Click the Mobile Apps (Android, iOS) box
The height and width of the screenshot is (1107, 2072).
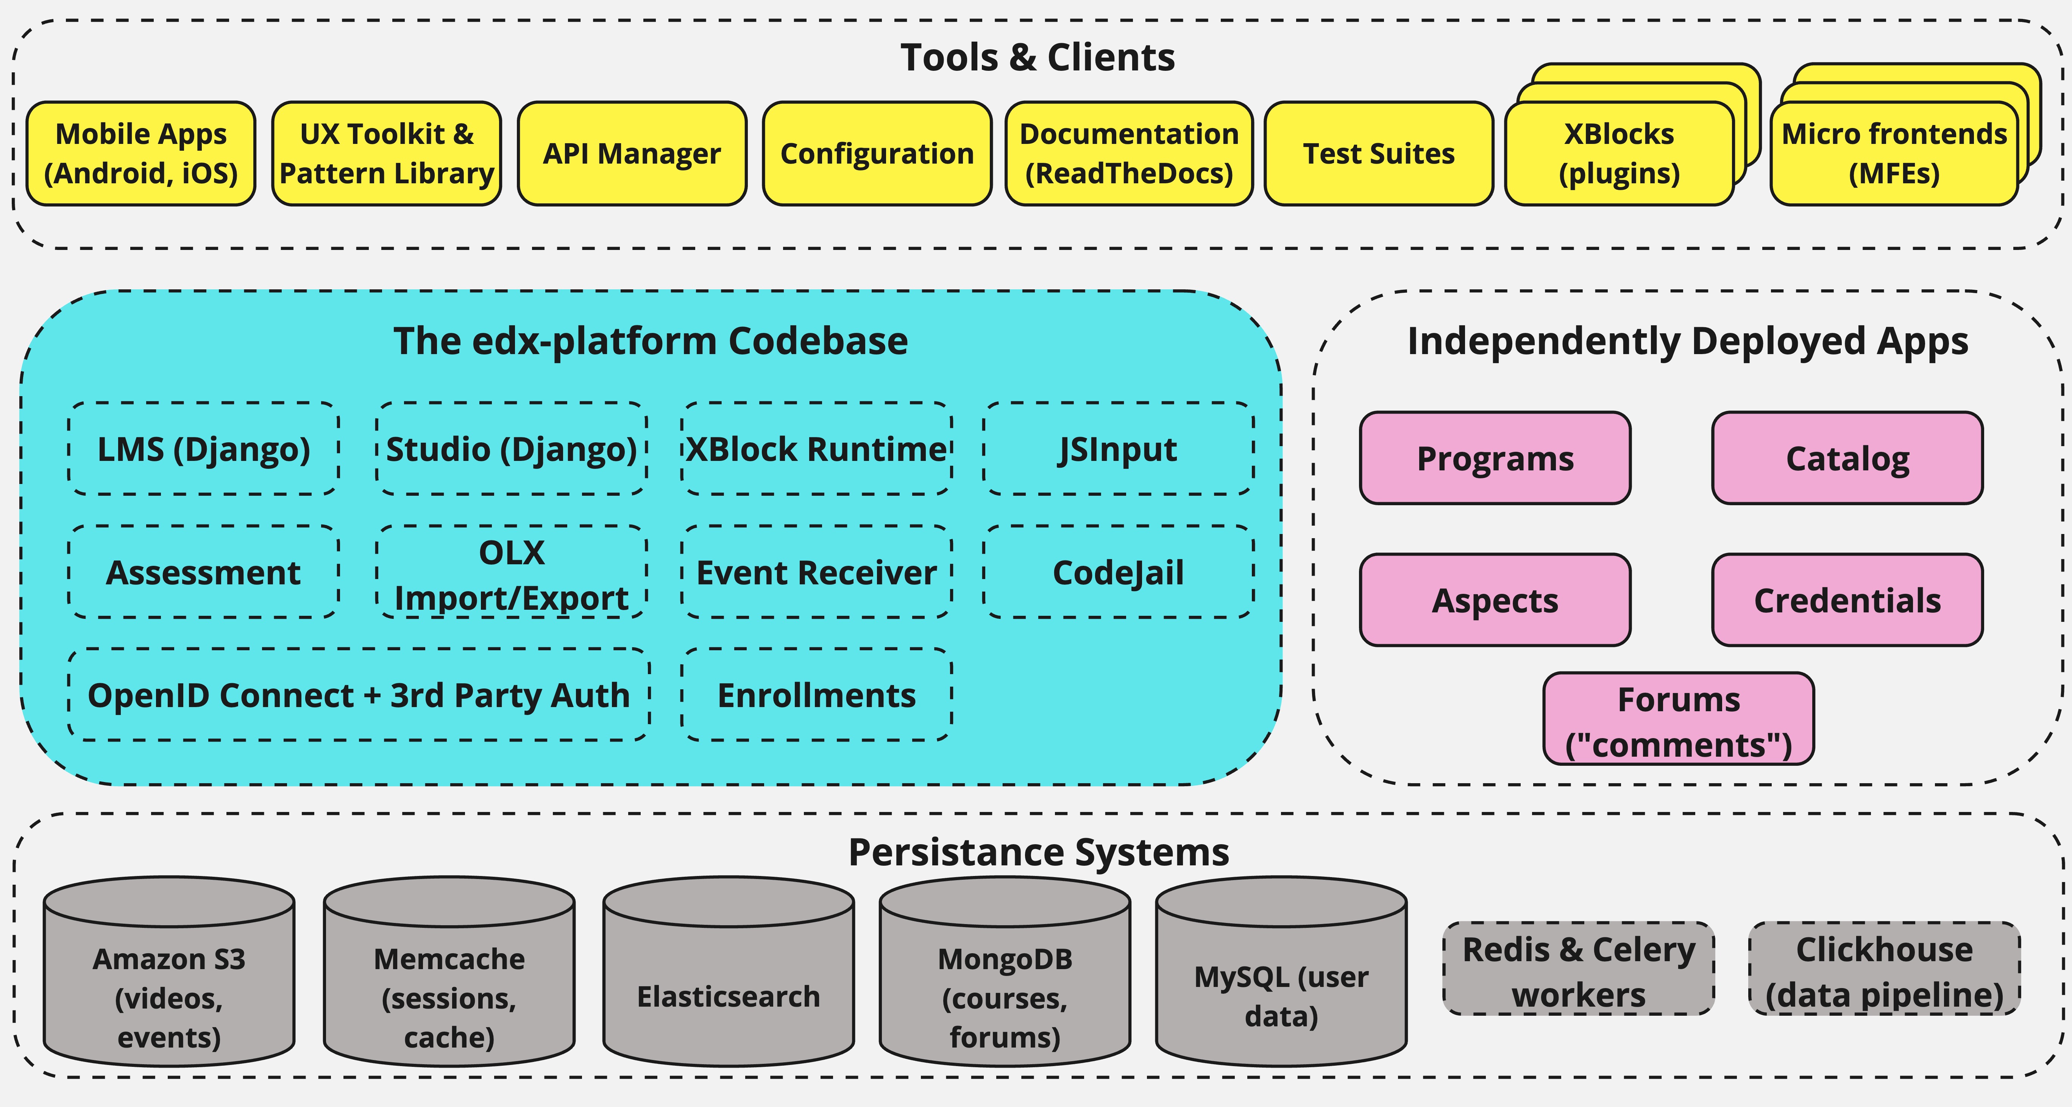pos(141,154)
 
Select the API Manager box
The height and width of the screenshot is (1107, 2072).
pos(632,154)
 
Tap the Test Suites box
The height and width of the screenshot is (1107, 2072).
pos(1379,154)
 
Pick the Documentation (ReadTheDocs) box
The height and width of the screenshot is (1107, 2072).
pos(1128,154)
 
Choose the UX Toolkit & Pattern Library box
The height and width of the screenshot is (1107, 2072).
pos(386,154)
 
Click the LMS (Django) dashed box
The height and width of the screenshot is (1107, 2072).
pos(203,449)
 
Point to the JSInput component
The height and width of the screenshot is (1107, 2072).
pos(1118,449)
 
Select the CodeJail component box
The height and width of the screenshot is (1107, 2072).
pos(1118,572)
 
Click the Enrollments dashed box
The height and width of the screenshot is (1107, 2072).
pos(816,695)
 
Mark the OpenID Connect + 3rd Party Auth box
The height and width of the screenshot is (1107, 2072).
pos(359,695)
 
